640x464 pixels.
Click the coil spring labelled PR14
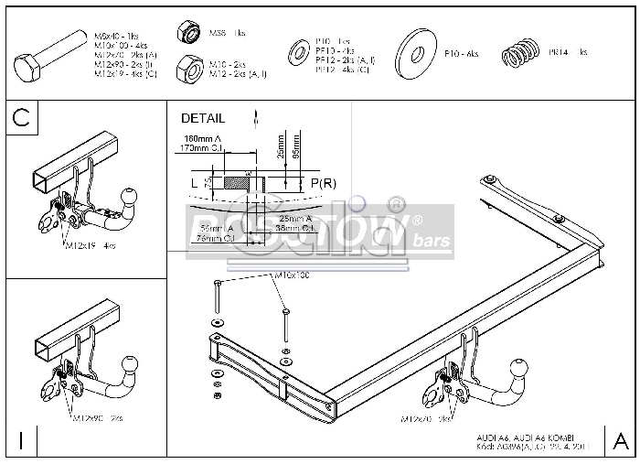(520, 55)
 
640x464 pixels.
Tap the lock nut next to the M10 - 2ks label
(189, 68)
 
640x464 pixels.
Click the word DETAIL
(202, 118)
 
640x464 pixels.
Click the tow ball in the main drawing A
(517, 370)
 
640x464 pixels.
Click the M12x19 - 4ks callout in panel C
(90, 246)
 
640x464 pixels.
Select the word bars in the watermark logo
(426, 241)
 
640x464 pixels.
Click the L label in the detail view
(194, 183)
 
